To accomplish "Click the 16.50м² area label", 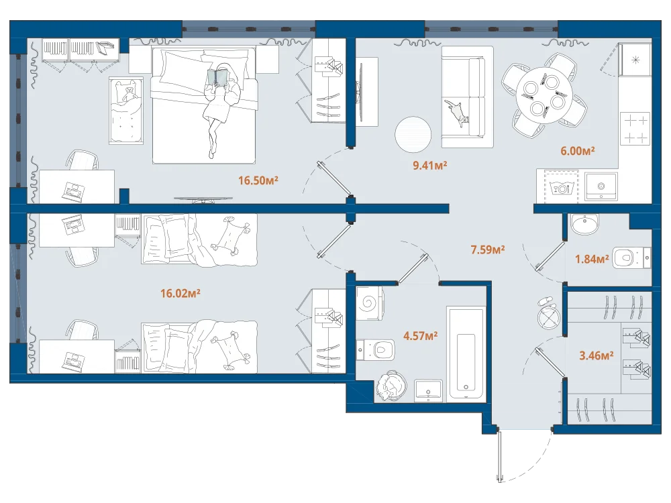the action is click(258, 180).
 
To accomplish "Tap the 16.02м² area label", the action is click(180, 293).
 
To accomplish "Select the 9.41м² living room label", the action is click(429, 165).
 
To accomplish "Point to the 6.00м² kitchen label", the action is click(577, 150).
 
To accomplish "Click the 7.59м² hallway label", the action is click(487, 249).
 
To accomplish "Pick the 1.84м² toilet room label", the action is click(591, 259).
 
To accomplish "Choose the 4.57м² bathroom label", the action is click(420, 336).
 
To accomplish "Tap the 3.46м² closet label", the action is click(596, 355).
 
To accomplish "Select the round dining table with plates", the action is click(544, 95).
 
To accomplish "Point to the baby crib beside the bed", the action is click(126, 111).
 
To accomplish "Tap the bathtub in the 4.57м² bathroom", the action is click(466, 353).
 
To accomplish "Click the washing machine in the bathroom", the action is click(370, 304).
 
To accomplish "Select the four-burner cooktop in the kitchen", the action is click(635, 128).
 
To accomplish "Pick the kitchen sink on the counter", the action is click(601, 186).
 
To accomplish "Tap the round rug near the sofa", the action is click(413, 134).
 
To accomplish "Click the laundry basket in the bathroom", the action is click(390, 386).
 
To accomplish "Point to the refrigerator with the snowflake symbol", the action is click(635, 60).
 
